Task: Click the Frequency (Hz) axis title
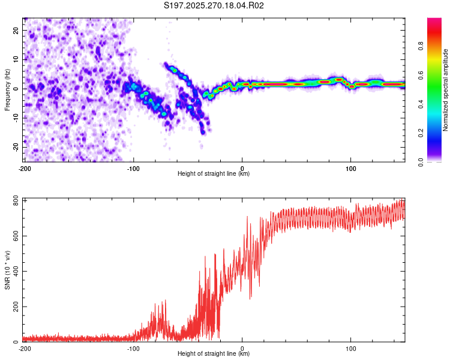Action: pyautogui.click(x=7, y=90)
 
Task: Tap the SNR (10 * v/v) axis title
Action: pyautogui.click(x=7, y=270)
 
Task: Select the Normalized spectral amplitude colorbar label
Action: pyautogui.click(x=446, y=90)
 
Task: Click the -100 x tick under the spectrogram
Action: pyautogui.click(x=133, y=168)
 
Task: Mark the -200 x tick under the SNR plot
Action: pyautogui.click(x=25, y=348)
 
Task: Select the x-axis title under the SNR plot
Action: pyautogui.click(x=214, y=354)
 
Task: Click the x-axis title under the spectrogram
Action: pyautogui.click(x=214, y=174)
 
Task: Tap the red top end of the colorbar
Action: pyautogui.click(x=434, y=21)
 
